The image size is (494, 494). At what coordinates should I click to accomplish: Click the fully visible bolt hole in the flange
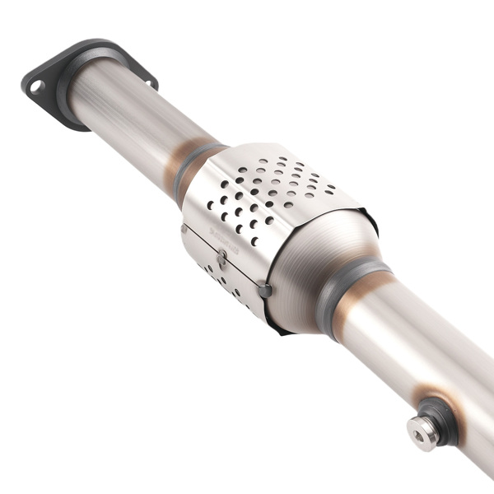click(35, 86)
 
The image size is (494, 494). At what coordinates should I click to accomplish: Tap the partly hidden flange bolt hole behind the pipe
click(150, 82)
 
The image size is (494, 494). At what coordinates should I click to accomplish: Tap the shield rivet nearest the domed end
click(264, 291)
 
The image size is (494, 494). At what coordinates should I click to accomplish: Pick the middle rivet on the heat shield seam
click(221, 258)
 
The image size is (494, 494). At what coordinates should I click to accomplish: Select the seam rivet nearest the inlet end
click(184, 229)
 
